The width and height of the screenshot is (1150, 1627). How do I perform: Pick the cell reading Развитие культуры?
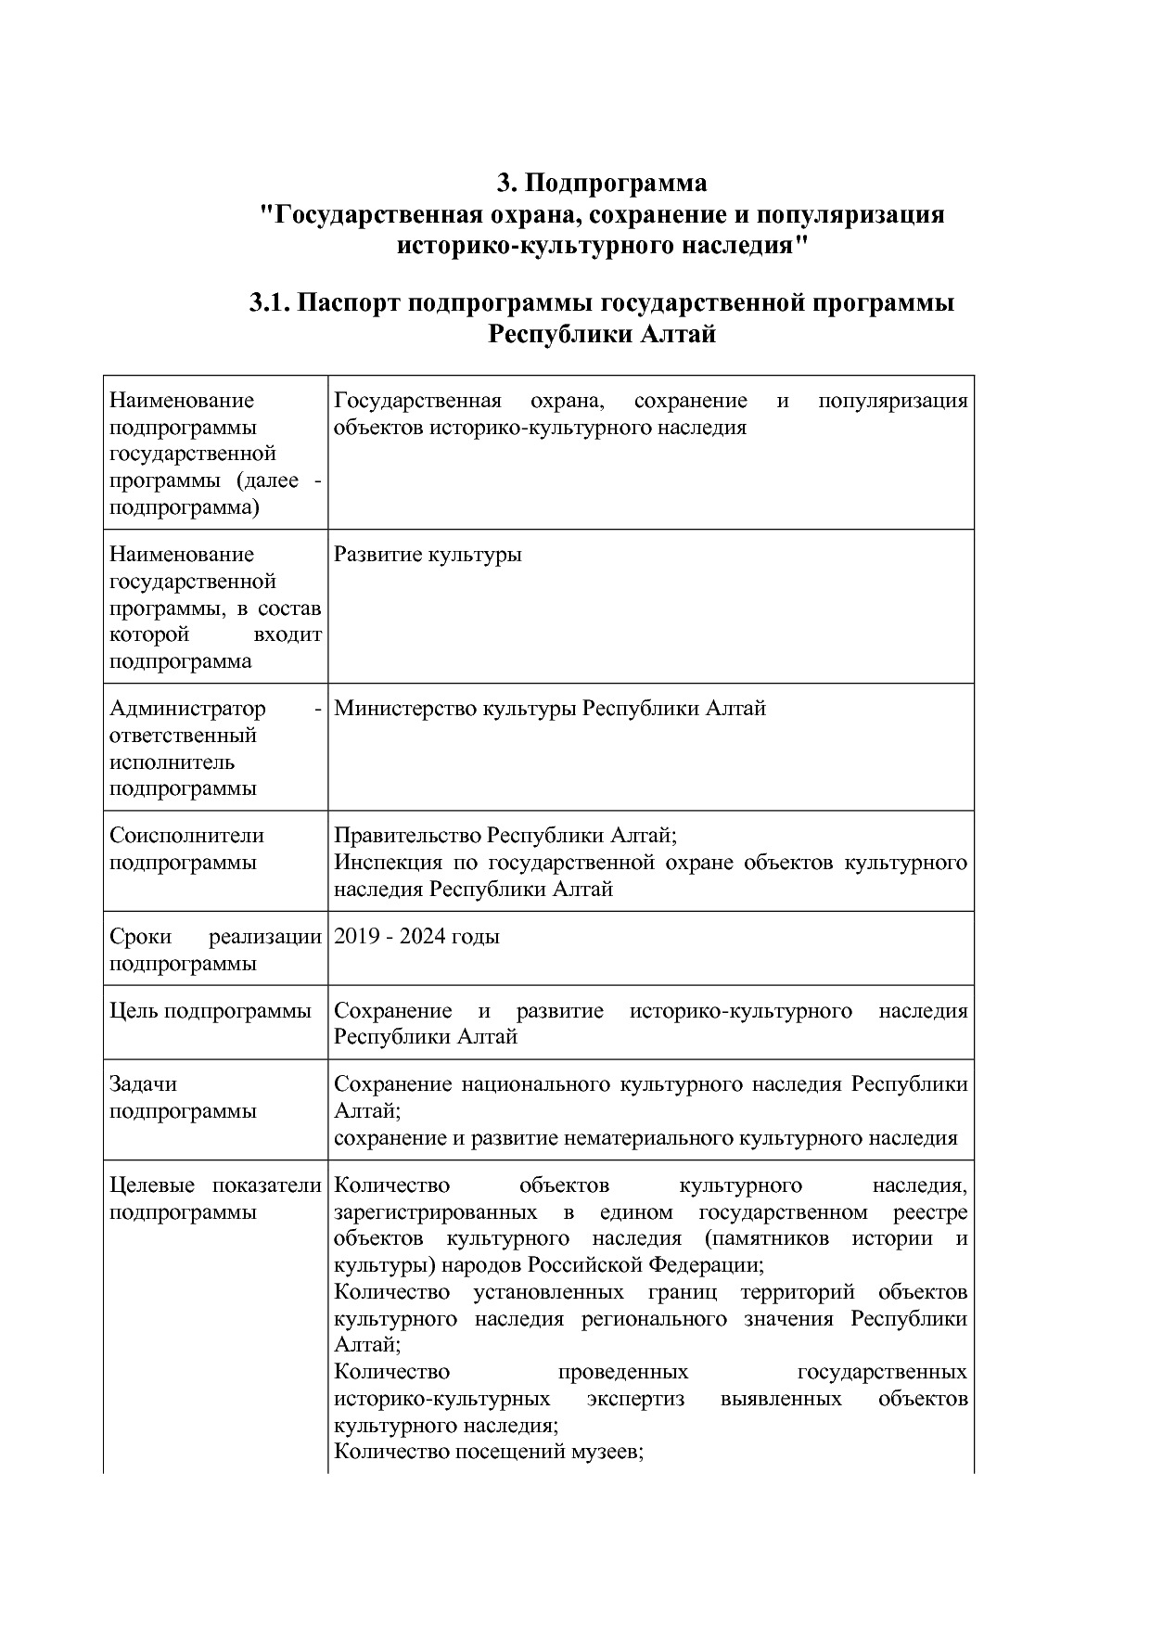pos(428,555)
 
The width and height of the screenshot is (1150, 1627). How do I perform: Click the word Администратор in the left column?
pos(187,709)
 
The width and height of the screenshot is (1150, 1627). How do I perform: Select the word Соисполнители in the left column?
pos(186,836)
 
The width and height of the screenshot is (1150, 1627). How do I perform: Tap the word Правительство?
pos(407,836)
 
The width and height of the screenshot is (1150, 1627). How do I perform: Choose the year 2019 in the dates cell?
pos(357,937)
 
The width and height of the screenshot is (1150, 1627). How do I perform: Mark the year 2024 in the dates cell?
pos(423,937)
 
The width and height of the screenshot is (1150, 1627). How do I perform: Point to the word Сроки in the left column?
pos(138,937)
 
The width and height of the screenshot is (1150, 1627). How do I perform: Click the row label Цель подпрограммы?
pos(210,1011)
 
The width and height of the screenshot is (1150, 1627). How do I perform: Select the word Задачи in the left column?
pos(143,1084)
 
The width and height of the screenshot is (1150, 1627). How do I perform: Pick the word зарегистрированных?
pos(435,1212)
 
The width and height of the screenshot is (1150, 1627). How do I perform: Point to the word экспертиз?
pos(635,1398)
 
